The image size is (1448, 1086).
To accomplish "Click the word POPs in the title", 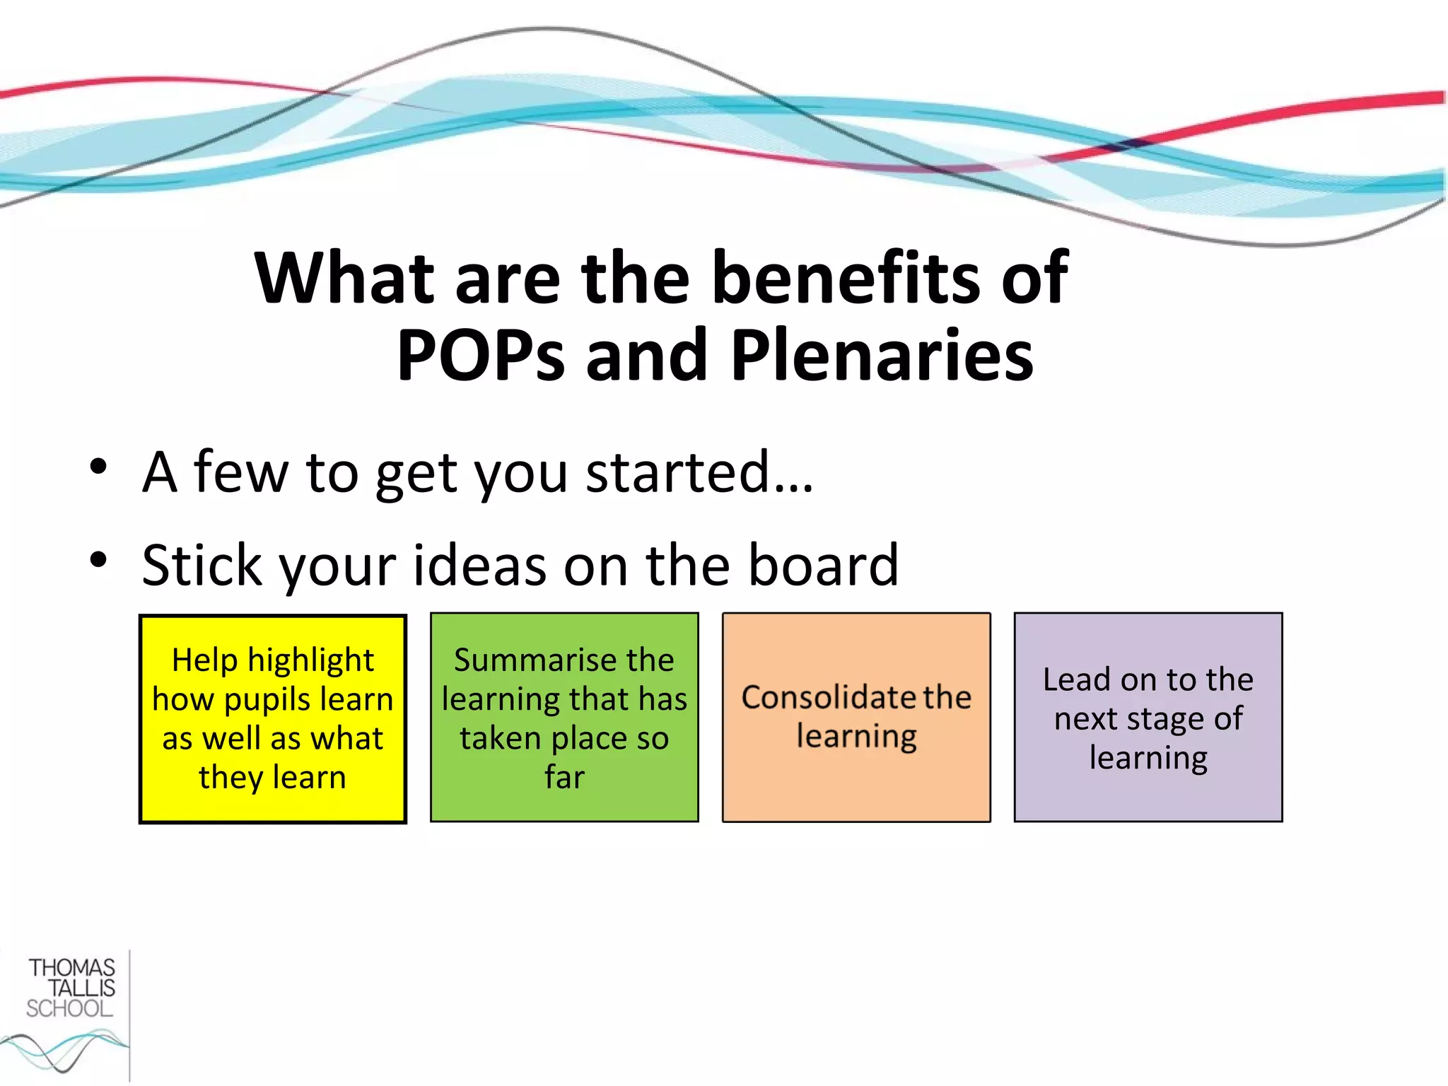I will [481, 356].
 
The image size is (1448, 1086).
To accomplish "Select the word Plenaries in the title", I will [882, 356].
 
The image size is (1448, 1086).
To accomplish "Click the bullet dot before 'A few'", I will [98, 467].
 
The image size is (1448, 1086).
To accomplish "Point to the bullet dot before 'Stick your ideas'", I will [98, 560].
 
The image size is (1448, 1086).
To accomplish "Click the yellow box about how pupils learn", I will [273, 718].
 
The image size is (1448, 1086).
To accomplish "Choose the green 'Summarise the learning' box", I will [564, 717].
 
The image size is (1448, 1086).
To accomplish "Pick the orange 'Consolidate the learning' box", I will [856, 717].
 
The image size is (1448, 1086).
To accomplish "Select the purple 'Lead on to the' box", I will [1148, 717].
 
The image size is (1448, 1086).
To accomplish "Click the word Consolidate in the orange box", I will [819, 698].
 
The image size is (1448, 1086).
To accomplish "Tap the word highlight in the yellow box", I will [310, 661].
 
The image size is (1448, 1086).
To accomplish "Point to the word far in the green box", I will [564, 777].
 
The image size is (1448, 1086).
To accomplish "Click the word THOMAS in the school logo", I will [71, 968].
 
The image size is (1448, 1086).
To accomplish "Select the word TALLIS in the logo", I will [81, 988].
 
